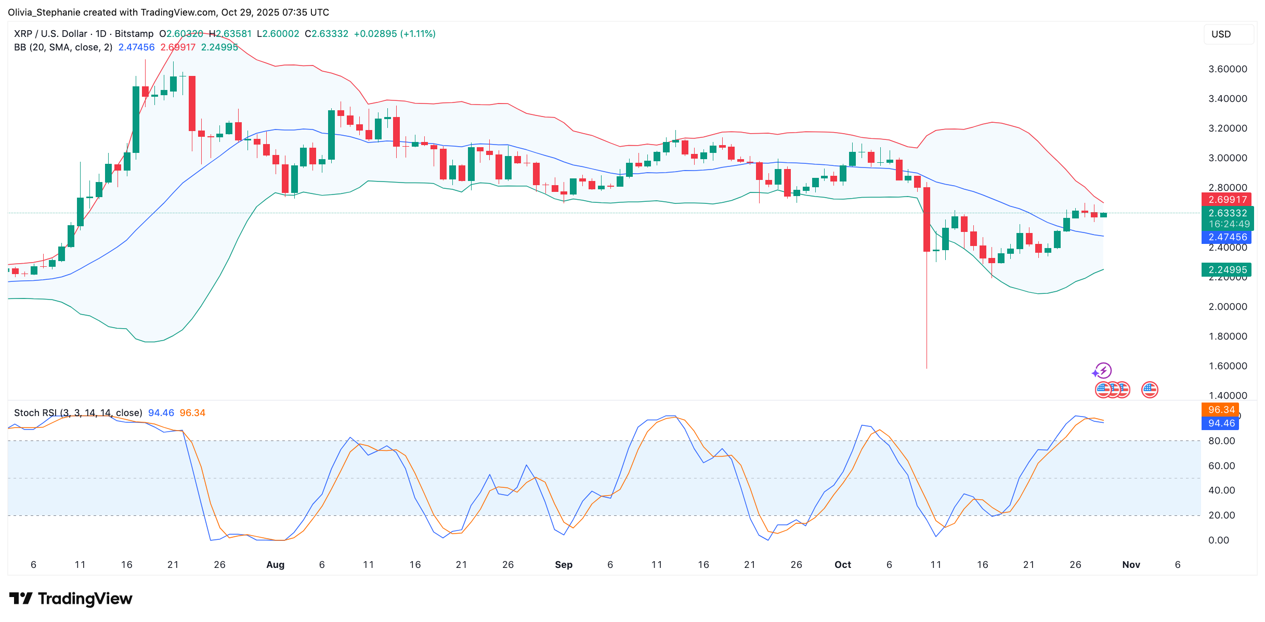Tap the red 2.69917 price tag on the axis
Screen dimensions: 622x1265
coord(1227,200)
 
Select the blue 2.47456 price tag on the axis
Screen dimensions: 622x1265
coord(1227,237)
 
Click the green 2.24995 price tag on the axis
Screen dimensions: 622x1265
coord(1227,270)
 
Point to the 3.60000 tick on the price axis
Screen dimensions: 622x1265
coord(1227,69)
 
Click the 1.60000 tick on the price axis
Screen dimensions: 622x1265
coord(1227,366)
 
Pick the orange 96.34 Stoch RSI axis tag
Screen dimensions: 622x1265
coord(1221,410)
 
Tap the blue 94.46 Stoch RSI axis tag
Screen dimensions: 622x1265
coord(1221,423)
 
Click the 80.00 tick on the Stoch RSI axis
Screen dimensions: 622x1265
coord(1221,441)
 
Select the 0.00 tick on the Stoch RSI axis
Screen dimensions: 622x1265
coord(1218,540)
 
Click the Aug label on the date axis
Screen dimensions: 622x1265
coord(275,565)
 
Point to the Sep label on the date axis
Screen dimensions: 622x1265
coord(564,565)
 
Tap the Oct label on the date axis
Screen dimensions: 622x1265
coord(842,565)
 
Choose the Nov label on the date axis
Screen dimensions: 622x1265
coord(1131,565)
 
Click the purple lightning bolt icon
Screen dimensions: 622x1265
coord(1103,370)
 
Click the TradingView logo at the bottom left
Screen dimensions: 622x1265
coord(71,599)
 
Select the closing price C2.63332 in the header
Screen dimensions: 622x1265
coord(327,34)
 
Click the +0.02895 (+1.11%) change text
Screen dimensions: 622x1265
coord(395,34)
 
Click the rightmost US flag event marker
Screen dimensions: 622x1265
coord(1150,390)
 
